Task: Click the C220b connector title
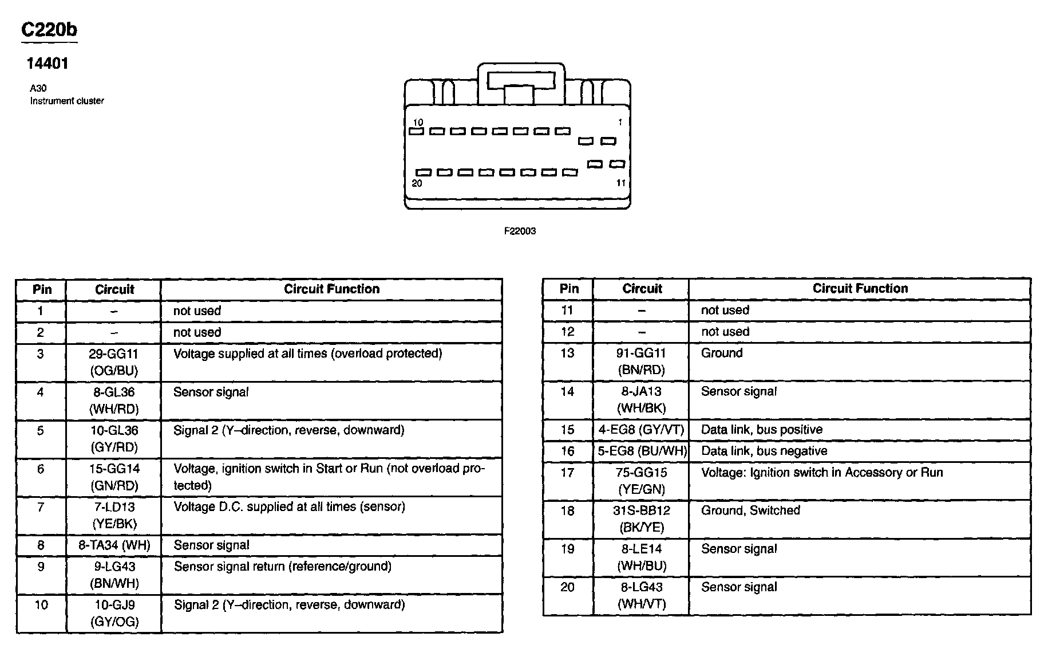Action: coord(49,30)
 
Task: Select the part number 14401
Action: coord(48,64)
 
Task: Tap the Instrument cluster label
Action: coord(67,101)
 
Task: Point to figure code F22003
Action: coord(520,231)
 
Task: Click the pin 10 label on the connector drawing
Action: coord(418,122)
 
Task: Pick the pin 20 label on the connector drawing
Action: coord(417,183)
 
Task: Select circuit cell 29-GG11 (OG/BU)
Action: coord(114,362)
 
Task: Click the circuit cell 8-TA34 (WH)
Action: coord(114,545)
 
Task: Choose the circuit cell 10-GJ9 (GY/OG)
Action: coord(114,613)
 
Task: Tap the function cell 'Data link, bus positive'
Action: coord(761,430)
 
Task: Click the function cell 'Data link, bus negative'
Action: coord(764,451)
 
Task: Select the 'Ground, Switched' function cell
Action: coord(750,510)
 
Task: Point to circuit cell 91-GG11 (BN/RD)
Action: coord(641,362)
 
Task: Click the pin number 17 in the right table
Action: coord(567,473)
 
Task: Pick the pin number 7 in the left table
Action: coord(41,507)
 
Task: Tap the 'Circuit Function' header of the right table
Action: coord(860,289)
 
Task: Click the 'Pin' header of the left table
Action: coord(42,289)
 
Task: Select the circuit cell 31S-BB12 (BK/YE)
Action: coord(641,518)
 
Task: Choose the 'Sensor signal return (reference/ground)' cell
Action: coord(283,567)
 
